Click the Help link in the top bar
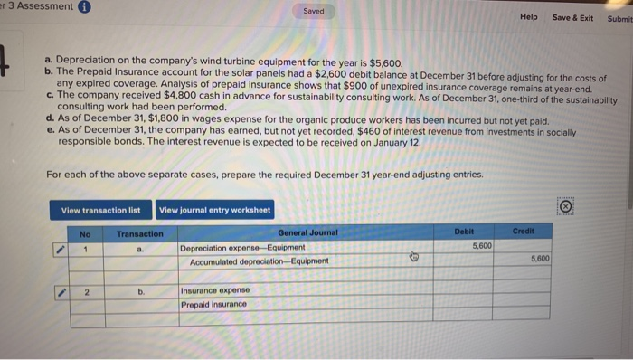point(528,17)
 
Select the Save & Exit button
point(572,17)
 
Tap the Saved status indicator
point(315,13)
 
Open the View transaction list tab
point(100,211)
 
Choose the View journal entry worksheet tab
point(214,211)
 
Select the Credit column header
point(522,232)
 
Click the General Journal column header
point(307,232)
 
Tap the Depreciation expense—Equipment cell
point(243,247)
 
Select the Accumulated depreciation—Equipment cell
point(260,261)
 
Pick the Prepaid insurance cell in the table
point(214,304)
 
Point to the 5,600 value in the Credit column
point(535,260)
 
